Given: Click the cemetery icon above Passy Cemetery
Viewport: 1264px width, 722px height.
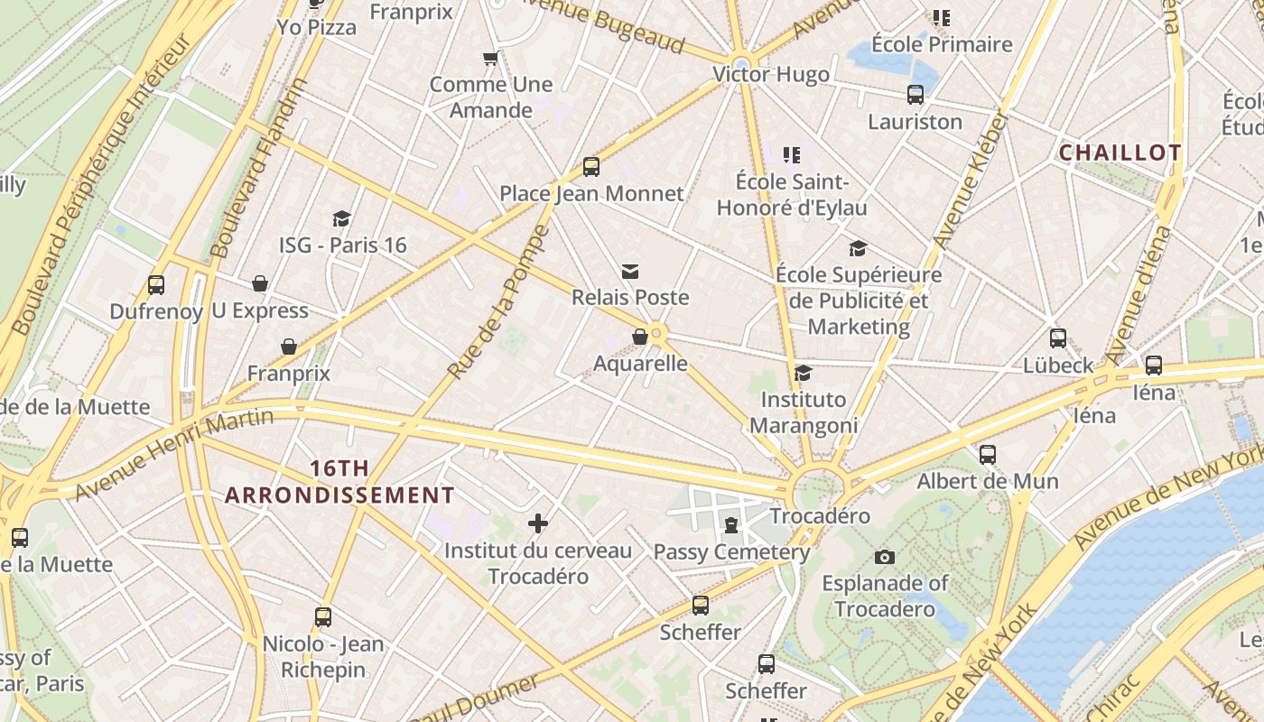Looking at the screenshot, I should coord(731,524).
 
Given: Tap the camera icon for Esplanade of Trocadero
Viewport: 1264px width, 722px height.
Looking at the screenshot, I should coord(885,557).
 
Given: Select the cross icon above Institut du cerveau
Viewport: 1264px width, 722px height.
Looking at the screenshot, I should coord(538,523).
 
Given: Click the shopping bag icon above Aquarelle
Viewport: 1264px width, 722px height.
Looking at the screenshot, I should coord(640,337).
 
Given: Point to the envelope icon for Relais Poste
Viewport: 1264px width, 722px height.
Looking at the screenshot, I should coord(630,271).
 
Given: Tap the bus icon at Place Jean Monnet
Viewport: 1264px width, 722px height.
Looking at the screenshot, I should coord(591,167).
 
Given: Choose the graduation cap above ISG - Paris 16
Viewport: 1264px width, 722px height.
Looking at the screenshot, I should coord(341,218).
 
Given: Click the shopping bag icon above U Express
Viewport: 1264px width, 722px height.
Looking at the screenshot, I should coord(260,283).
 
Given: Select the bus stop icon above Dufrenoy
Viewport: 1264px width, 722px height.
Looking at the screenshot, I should coord(156,285).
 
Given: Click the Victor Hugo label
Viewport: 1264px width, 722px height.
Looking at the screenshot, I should coord(771,74).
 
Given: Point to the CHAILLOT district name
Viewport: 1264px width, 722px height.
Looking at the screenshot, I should coord(1120,153).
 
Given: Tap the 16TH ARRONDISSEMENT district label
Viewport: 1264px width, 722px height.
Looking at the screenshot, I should coord(339,482).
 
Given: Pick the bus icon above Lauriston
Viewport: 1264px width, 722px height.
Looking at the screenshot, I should coord(915,95).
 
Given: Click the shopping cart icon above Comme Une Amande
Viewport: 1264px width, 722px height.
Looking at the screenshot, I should coord(490,59).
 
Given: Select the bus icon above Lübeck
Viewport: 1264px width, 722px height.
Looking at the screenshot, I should coord(1058,338).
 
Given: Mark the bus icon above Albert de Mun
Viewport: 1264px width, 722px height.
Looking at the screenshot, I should coord(988,454).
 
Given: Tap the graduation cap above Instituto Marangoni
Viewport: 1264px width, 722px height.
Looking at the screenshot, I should coord(803,373).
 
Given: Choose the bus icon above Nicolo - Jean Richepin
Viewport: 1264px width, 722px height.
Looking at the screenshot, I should coord(323,617).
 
